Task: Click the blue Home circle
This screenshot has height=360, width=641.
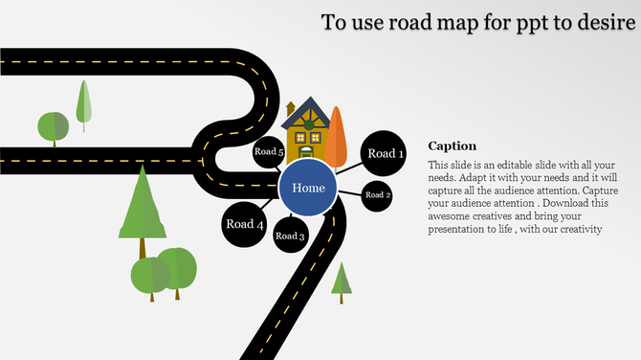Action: click(x=308, y=188)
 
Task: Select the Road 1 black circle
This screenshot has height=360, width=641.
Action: click(x=386, y=153)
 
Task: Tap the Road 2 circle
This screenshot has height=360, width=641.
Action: click(x=378, y=195)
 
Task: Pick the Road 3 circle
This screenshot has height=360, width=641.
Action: click(x=290, y=236)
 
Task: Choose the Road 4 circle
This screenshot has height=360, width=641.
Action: click(x=244, y=224)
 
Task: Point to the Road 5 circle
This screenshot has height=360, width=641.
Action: click(x=269, y=152)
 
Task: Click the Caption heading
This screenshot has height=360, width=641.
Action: click(x=452, y=146)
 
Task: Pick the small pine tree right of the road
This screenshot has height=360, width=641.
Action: click(x=342, y=278)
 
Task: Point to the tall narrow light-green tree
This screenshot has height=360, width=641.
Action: click(x=83, y=101)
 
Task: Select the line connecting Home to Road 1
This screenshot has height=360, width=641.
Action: click(x=346, y=169)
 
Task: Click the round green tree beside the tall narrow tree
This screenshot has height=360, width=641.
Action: click(x=53, y=126)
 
